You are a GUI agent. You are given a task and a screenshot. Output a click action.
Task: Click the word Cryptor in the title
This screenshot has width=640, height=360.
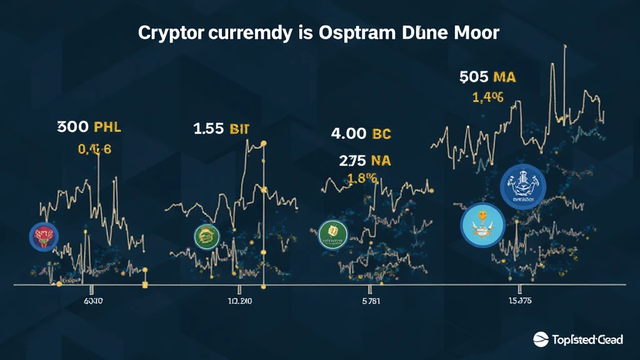click(x=168, y=34)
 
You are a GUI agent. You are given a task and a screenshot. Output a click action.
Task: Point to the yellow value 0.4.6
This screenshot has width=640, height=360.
click(x=94, y=149)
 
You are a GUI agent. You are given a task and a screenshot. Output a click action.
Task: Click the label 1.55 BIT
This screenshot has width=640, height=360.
click(x=221, y=129)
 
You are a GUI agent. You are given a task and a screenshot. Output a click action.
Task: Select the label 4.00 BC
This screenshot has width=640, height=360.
click(x=360, y=134)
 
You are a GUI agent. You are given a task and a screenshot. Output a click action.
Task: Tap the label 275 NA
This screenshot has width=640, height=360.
click(x=365, y=161)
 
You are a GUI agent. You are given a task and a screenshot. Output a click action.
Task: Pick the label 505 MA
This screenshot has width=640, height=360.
click(x=487, y=77)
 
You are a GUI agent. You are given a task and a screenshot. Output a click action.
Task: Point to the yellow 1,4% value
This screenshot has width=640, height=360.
click(x=487, y=97)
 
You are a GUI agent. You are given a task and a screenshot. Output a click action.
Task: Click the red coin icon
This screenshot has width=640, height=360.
click(x=44, y=236)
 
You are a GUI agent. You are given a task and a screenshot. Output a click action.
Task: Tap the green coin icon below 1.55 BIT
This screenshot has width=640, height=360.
click(x=207, y=236)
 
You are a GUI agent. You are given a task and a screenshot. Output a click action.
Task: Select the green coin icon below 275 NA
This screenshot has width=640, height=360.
click(x=332, y=233)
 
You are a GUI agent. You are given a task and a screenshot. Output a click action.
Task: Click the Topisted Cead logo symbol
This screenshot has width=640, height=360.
click(x=541, y=339)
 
